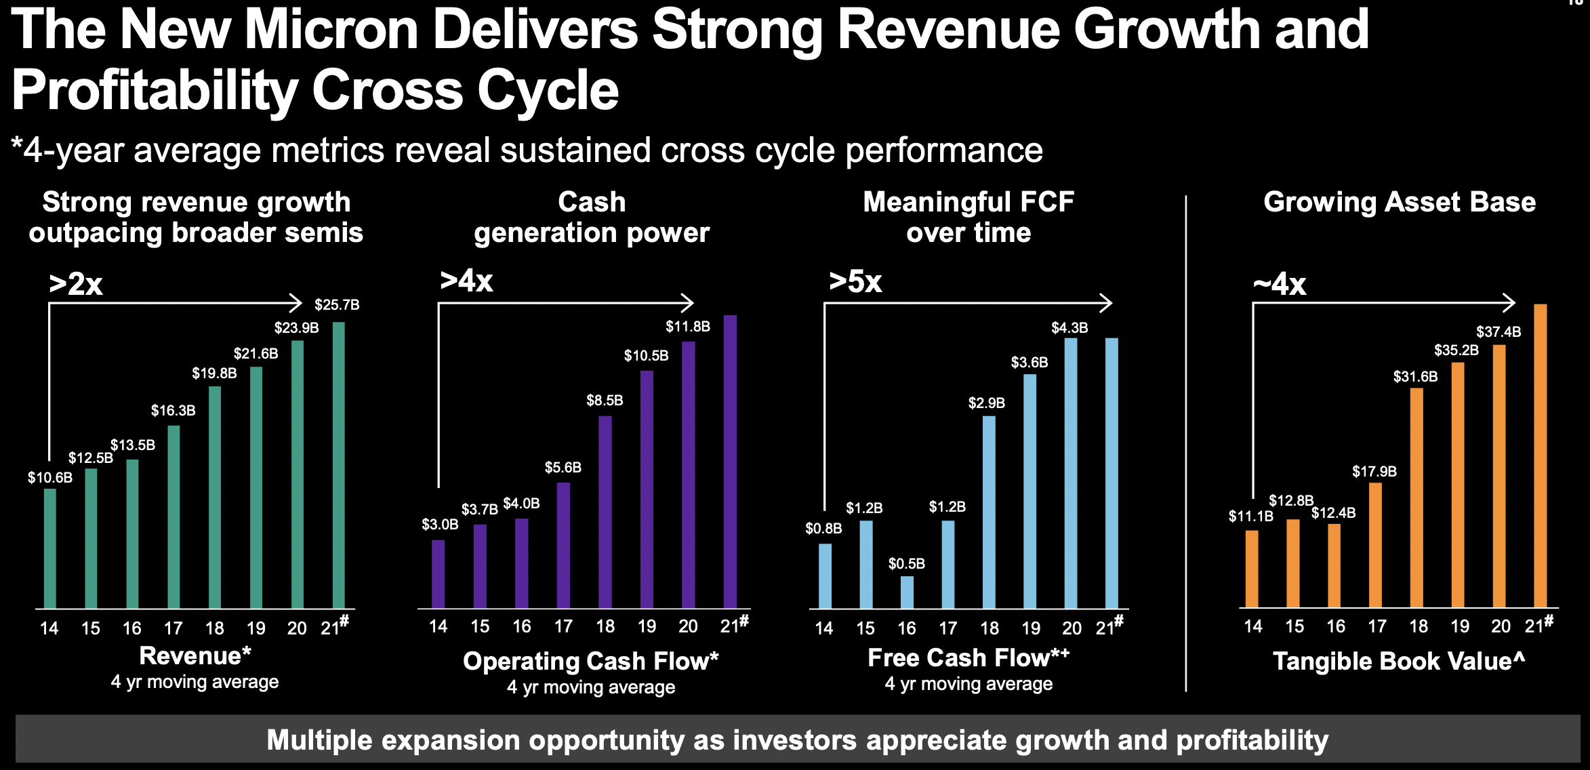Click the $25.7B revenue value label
(x=337, y=305)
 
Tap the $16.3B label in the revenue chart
(x=173, y=411)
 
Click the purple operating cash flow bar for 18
(x=605, y=512)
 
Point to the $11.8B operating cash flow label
(x=687, y=327)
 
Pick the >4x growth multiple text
(x=466, y=281)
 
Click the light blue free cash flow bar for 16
(x=907, y=592)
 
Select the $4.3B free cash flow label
(x=1069, y=328)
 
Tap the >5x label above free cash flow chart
(x=855, y=281)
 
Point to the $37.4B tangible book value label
(x=1499, y=332)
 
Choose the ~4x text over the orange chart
(x=1279, y=284)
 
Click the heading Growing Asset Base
(x=1400, y=202)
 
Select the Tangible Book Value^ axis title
(x=1399, y=661)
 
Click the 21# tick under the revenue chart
(x=334, y=627)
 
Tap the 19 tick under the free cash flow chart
(x=1031, y=628)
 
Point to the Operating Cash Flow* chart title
(x=590, y=661)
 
